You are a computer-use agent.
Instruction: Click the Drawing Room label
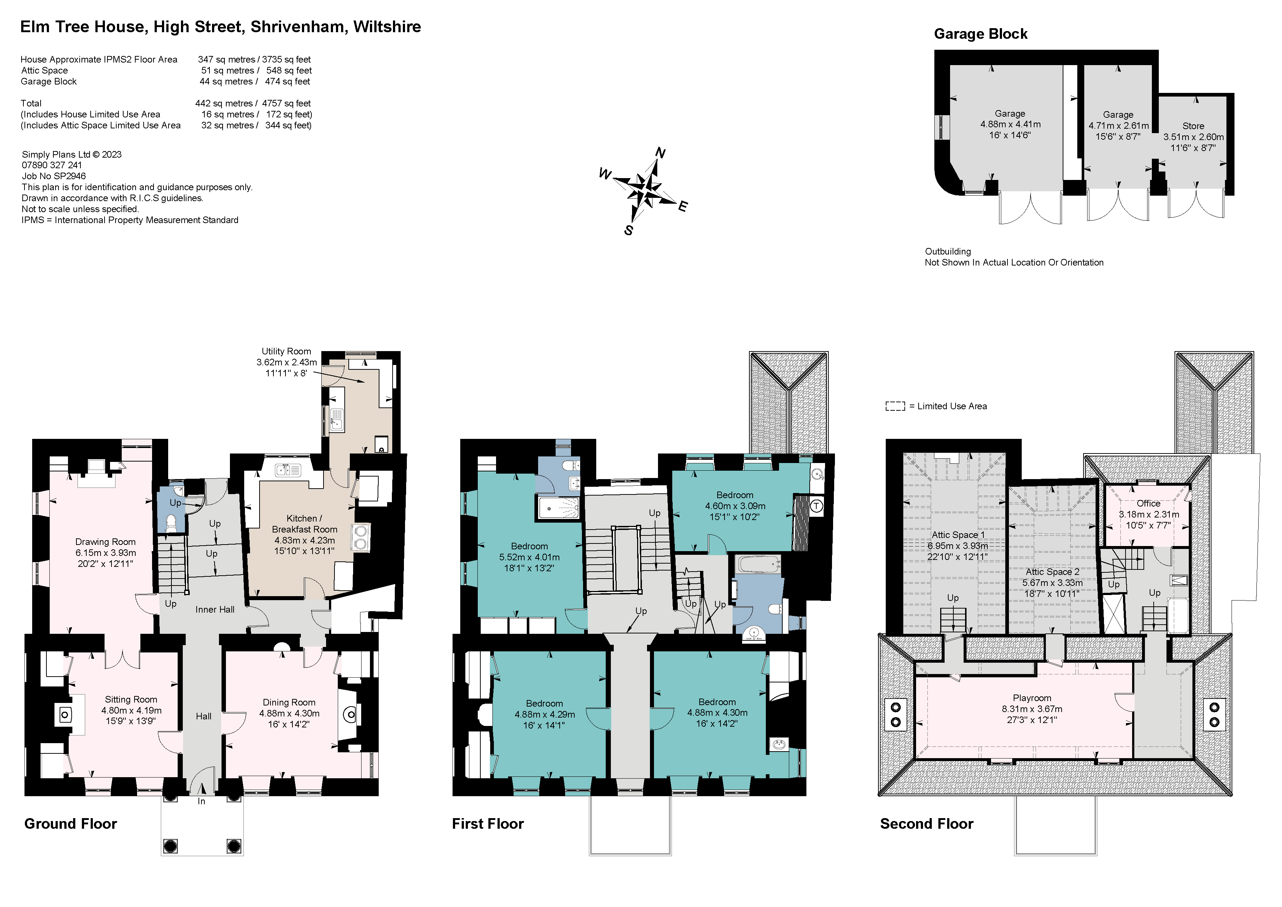click(x=106, y=542)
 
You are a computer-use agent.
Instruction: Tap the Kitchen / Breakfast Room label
click(x=304, y=524)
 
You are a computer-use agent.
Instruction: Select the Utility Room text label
click(x=287, y=351)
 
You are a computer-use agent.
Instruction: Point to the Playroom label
click(x=1032, y=698)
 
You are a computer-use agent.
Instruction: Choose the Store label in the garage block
click(x=1193, y=126)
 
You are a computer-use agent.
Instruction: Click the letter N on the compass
click(x=661, y=153)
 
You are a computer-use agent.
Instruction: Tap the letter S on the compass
click(x=629, y=230)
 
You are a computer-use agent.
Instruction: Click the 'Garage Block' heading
click(x=980, y=34)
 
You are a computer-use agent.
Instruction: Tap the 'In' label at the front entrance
click(x=201, y=801)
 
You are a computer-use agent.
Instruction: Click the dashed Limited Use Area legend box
click(x=895, y=406)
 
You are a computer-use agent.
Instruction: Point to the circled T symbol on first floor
click(x=816, y=507)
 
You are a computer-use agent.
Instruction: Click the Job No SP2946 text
click(x=54, y=176)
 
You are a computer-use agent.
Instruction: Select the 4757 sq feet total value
click(x=287, y=104)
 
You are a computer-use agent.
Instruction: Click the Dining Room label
click(x=289, y=703)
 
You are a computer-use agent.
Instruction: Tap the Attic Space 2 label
click(x=1052, y=572)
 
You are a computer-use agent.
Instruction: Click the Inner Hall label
click(x=215, y=609)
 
